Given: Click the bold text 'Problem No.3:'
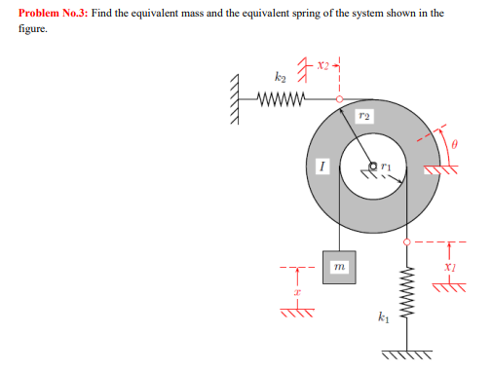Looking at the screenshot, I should pyautogui.click(x=50, y=14).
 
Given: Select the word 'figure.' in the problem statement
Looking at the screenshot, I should pyautogui.click(x=32, y=29).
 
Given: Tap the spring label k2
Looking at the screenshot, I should pyautogui.click(x=280, y=75).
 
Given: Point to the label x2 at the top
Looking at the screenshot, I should pyautogui.click(x=323, y=65).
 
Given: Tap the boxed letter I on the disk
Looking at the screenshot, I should pyautogui.click(x=321, y=167).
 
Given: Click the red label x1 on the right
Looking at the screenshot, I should pyautogui.click(x=449, y=265).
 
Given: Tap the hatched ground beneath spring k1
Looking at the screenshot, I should pyautogui.click(x=402, y=352).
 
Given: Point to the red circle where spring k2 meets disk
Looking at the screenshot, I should pyautogui.click(x=339, y=98).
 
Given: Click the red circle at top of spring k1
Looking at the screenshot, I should pyautogui.click(x=402, y=241).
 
